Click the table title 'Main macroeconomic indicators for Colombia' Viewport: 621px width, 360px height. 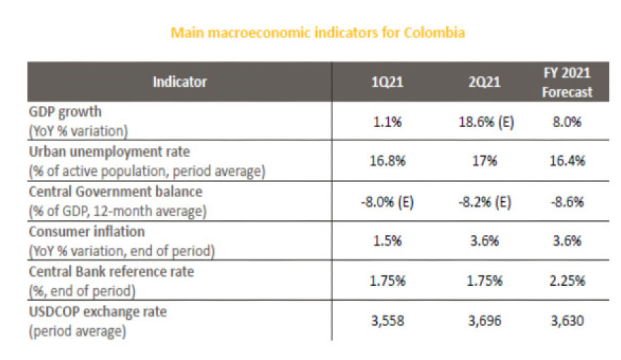coord(318,32)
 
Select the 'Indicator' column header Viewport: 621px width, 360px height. coord(180,82)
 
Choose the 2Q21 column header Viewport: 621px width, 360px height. coord(486,82)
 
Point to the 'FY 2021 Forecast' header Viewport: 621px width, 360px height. coord(567,82)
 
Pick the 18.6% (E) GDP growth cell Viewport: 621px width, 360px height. coord(486,121)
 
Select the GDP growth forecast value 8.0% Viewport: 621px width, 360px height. coord(567,121)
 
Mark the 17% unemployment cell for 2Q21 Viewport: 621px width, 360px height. coord(486,161)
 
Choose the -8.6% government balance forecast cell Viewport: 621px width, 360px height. coord(567,200)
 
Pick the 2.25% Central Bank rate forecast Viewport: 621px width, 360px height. coord(567,280)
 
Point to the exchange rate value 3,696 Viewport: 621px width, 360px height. coord(486,320)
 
